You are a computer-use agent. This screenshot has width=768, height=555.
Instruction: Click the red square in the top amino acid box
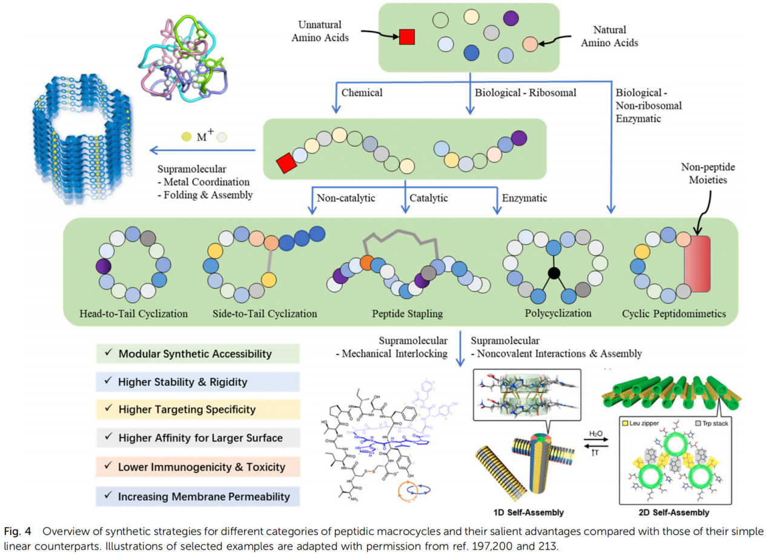[406, 38]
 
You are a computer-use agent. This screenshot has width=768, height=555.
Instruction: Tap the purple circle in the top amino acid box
[511, 19]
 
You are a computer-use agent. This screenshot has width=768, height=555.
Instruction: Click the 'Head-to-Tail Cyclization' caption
[133, 314]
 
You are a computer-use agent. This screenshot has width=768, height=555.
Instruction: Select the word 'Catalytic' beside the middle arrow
[428, 197]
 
